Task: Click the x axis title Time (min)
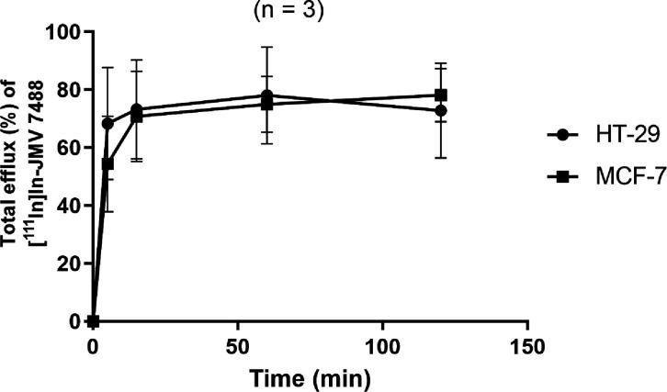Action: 310,375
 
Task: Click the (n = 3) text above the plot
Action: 311,11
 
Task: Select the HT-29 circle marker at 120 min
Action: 441,110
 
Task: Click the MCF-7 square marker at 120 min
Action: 441,95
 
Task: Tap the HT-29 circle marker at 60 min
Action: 266,95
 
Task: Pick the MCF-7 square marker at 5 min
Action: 107,163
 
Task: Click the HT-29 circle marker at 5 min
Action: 107,124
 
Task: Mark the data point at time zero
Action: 93,321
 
